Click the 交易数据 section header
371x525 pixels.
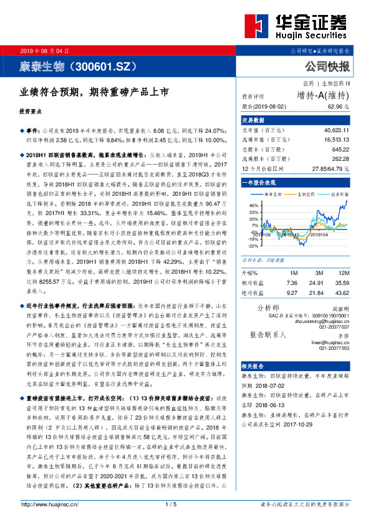click(254, 120)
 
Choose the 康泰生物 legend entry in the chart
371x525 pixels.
click(272, 194)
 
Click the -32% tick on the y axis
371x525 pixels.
click(254, 245)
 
